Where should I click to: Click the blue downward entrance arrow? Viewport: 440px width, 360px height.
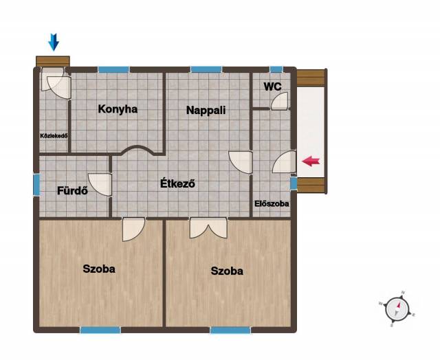[x=54, y=42]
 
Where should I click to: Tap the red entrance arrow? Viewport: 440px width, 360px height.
[x=311, y=161]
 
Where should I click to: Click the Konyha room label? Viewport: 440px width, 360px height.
[x=118, y=109]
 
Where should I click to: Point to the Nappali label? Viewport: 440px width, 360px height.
[x=206, y=110]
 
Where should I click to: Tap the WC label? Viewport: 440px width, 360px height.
[x=272, y=87]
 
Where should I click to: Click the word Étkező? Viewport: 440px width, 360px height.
[x=177, y=183]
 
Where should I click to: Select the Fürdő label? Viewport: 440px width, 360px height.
[x=72, y=191]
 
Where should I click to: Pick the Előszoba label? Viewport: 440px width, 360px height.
[x=272, y=203]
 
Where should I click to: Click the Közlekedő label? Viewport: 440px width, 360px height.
[x=54, y=136]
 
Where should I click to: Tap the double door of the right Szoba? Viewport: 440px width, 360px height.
[x=208, y=228]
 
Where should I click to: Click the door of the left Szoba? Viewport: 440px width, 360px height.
[x=134, y=229]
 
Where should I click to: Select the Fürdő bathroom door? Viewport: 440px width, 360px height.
[x=100, y=185]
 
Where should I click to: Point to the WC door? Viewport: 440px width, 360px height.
[x=280, y=101]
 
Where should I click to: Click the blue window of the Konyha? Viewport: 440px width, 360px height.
[x=113, y=69]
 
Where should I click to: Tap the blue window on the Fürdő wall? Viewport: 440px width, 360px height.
[x=36, y=185]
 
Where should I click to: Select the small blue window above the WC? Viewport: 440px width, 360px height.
[x=276, y=69]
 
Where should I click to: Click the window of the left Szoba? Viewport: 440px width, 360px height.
[x=100, y=330]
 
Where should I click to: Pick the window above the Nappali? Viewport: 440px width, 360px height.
[x=206, y=69]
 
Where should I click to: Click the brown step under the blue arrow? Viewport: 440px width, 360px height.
[x=53, y=61]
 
